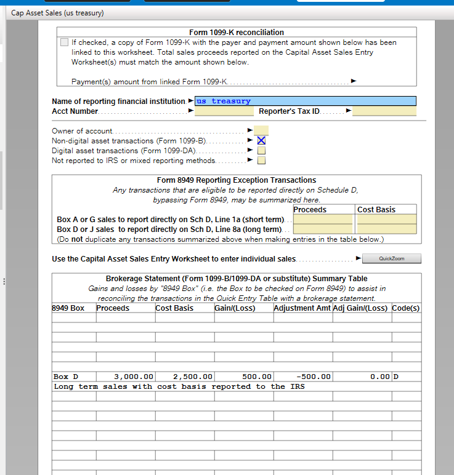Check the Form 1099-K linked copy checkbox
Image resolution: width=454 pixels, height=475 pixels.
pos(65,42)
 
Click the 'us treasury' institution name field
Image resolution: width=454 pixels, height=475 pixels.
pos(305,101)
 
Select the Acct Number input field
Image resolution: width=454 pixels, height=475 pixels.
pos(224,111)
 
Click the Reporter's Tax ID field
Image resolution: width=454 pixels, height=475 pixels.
pos(384,111)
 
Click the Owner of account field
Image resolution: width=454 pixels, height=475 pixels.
pos(261,130)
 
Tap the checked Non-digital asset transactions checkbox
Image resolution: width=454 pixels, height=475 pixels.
pos(261,141)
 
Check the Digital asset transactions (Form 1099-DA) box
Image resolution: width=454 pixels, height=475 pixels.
pos(261,151)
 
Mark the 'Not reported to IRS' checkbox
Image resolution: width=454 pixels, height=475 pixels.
pos(261,161)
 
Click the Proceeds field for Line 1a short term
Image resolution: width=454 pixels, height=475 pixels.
pos(323,220)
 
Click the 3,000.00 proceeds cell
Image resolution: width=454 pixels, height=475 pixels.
pos(126,377)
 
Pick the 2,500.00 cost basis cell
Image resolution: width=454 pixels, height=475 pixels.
pos(184,377)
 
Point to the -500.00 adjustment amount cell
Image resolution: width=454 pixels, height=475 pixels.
pos(302,377)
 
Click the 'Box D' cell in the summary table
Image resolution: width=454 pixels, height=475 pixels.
pos(74,377)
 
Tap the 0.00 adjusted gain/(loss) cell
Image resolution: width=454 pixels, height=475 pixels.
pos(362,377)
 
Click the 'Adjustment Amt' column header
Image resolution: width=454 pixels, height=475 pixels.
pos(302,308)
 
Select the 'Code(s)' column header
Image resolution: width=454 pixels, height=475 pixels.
pos(406,308)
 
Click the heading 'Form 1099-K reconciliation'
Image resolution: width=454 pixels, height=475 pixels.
pos(237,32)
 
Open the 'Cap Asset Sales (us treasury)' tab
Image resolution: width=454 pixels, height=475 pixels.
pos(57,13)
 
